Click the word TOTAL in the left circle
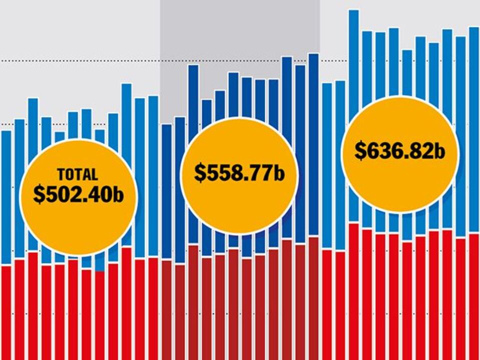(x=77, y=175)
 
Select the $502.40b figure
(x=78, y=194)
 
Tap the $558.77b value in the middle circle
(x=239, y=172)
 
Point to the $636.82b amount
(x=400, y=150)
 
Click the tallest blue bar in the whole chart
(x=353, y=60)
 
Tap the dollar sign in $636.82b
(x=360, y=151)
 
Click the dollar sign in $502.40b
(x=39, y=194)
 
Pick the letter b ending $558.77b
(x=279, y=173)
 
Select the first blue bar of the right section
(x=327, y=165)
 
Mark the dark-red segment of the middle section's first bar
(x=167, y=310)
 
